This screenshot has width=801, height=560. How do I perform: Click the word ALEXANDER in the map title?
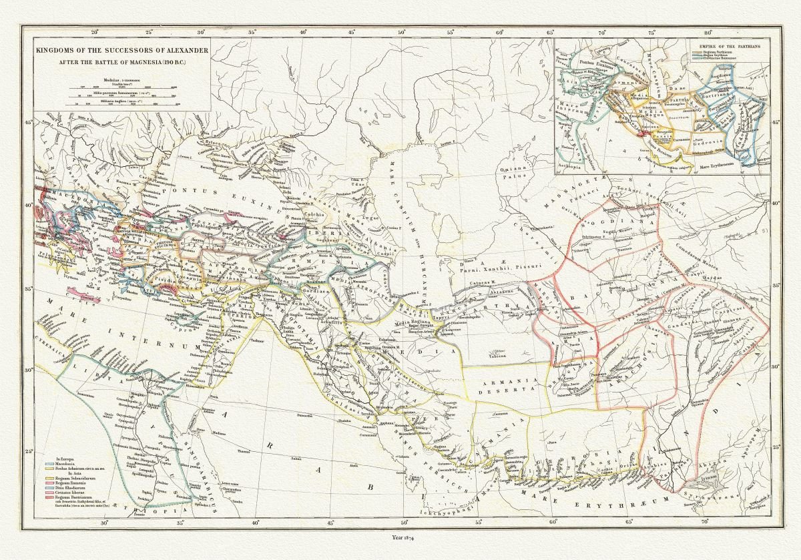pyautogui.click(x=180, y=51)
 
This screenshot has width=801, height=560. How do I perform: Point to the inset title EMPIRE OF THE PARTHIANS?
pyautogui.click(x=727, y=45)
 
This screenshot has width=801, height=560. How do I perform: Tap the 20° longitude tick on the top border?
pyautogui.click(x=95, y=31)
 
